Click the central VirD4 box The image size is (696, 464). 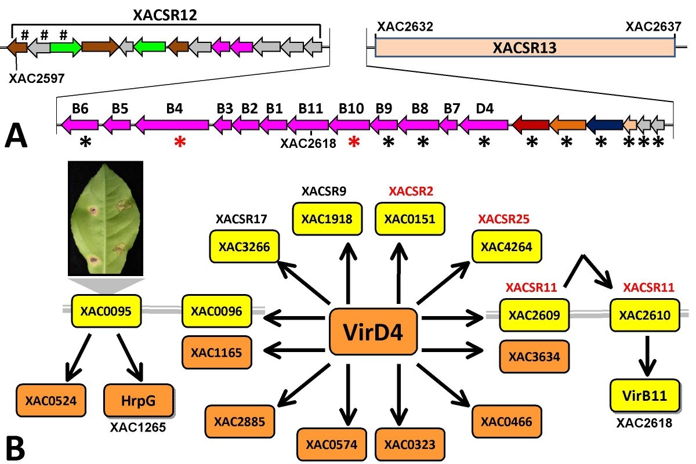375,332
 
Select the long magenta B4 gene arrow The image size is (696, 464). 172,124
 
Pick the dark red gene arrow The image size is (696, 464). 530,124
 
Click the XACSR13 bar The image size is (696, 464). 525,48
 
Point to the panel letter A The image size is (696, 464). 16,139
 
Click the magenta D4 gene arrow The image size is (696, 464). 484,124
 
